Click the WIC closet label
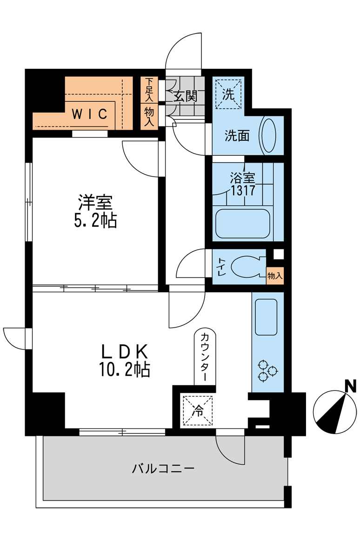click(90, 114)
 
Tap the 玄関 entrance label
click(185, 96)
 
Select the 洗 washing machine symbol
click(228, 94)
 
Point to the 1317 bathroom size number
click(243, 190)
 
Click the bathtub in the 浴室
click(243, 223)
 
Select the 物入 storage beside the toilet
click(275, 276)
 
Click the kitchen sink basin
click(266, 317)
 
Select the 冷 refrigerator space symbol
click(198, 410)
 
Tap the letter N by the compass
click(351, 385)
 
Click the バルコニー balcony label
click(163, 468)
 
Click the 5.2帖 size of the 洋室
click(95, 220)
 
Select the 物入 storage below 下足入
click(149, 117)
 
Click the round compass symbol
click(335, 412)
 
